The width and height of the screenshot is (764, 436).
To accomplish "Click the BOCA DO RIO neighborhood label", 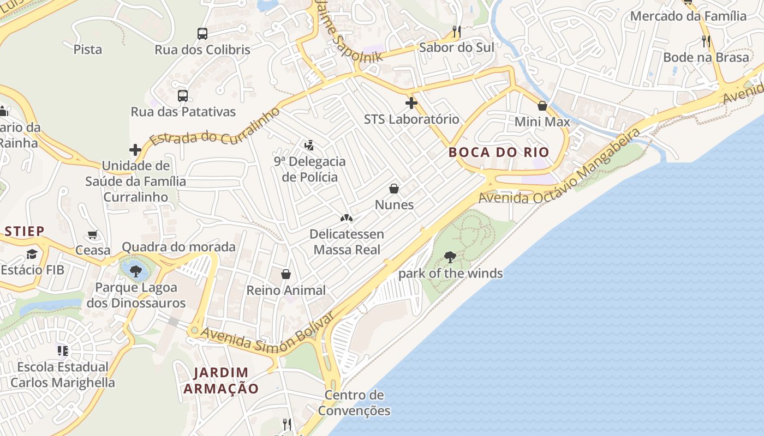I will click(x=499, y=152).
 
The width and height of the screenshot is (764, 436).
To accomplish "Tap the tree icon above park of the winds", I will click(x=450, y=257).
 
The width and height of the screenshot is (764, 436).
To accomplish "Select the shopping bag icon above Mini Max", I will click(x=542, y=106).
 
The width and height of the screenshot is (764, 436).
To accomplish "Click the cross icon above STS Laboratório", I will click(x=411, y=102).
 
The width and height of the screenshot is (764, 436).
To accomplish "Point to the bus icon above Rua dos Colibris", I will click(x=202, y=33).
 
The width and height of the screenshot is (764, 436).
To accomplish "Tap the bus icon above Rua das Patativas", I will click(x=183, y=96).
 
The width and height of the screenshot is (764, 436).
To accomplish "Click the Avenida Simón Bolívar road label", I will click(x=266, y=337).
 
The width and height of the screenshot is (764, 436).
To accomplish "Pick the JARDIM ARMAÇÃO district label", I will click(x=220, y=380).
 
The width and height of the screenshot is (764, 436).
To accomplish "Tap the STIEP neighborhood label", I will click(x=25, y=231).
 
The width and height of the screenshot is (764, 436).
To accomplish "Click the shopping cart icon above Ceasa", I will click(x=93, y=235).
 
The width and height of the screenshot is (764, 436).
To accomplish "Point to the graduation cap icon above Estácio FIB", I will click(x=32, y=254).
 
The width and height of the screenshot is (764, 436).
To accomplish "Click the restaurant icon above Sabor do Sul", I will click(x=457, y=32).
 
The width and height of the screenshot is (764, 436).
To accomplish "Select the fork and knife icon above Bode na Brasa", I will click(x=706, y=41).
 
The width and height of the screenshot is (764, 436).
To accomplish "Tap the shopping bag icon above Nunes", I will click(x=394, y=189).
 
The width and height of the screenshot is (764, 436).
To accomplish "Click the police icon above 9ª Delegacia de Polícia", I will click(x=309, y=145).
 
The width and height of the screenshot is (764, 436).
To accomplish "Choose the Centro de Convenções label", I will click(x=354, y=403).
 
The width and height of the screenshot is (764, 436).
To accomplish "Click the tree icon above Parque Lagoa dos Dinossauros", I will click(x=136, y=271).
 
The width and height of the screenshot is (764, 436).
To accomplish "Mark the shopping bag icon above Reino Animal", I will click(x=285, y=274).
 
